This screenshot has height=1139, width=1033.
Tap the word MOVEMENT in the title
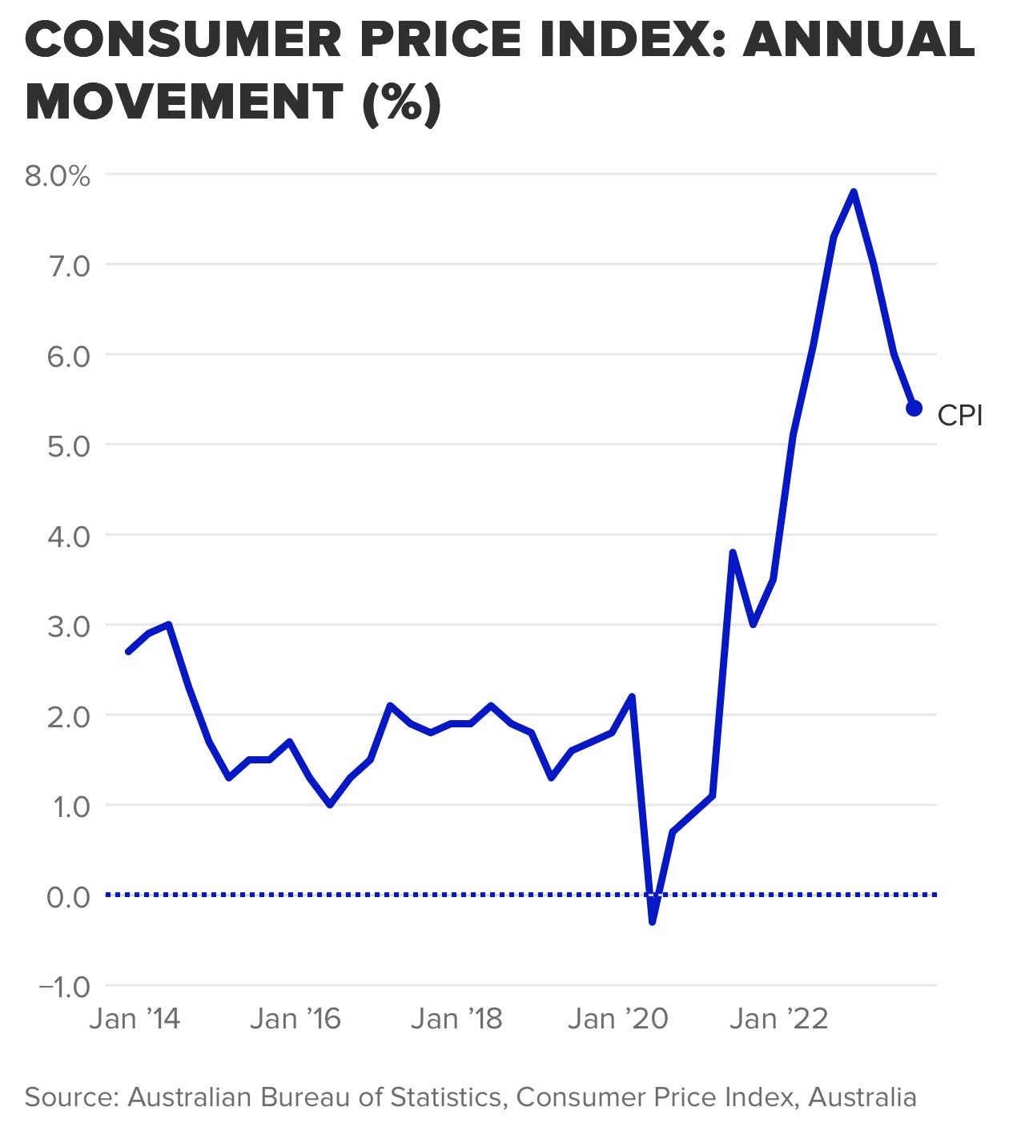pos(184,103)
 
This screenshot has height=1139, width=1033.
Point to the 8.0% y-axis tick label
pos(57,175)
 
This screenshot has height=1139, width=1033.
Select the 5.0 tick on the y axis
pos(69,445)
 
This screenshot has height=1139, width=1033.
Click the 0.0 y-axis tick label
pos(69,896)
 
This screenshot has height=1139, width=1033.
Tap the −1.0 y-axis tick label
pos(64,987)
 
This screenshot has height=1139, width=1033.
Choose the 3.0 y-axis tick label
pos(69,626)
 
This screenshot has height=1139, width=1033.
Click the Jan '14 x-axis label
pos(135,1019)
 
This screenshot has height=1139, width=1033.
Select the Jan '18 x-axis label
pos(456,1019)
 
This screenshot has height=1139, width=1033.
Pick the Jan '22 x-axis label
pos(778,1019)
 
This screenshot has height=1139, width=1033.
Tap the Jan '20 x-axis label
pos(617,1019)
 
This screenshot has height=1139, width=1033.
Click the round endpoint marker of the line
pos(914,409)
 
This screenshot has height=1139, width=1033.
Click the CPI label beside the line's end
pos(959,416)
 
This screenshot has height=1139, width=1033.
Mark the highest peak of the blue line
pos(854,192)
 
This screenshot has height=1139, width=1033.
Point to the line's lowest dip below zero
pos(652,921)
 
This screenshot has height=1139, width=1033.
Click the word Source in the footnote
pos(72,1097)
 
